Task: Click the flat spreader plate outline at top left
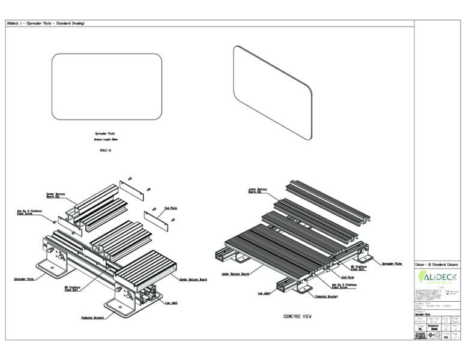tap(107, 86)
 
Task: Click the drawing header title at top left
tap(45, 23)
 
